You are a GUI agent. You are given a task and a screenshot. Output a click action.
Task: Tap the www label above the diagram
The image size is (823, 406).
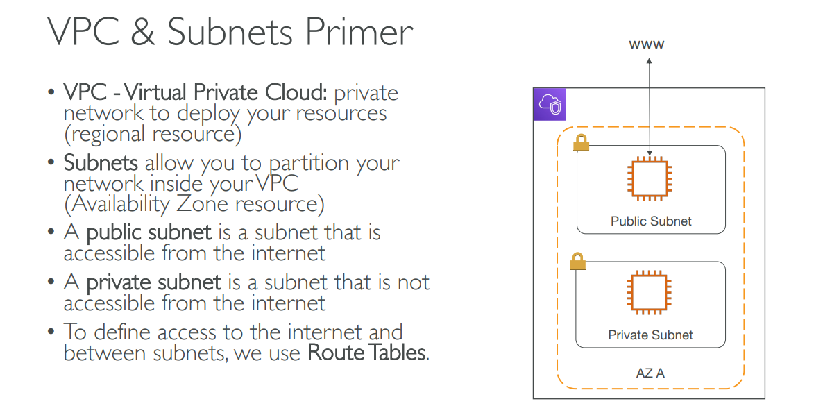647,44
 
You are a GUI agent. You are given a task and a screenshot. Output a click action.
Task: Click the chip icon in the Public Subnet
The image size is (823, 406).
650,179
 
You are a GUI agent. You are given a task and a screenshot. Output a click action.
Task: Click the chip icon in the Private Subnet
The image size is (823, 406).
650,293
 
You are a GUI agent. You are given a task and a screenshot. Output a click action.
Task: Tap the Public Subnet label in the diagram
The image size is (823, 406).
651,221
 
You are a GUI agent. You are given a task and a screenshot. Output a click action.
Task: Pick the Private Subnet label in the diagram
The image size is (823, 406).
650,335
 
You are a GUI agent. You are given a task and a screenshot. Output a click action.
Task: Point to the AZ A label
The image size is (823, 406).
650,373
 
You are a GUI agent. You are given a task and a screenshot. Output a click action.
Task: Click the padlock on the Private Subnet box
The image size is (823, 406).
577,262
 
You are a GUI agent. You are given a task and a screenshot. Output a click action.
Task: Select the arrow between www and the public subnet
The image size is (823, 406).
650,104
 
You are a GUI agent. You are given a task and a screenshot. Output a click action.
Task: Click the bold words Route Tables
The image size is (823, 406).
367,353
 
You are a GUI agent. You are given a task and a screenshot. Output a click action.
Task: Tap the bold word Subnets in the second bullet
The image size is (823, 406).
101,164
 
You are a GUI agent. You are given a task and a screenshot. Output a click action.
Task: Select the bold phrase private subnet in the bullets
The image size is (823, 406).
153,282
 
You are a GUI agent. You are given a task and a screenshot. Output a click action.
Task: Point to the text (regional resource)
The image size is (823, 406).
153,133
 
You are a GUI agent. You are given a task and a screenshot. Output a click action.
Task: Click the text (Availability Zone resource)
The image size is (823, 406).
194,204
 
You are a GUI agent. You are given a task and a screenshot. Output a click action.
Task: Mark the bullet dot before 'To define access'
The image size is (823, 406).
51,332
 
